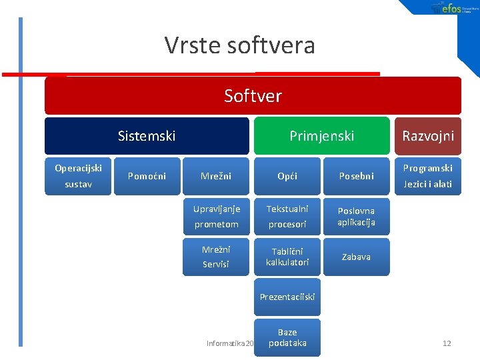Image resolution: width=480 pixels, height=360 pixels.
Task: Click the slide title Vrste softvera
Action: pos(239,45)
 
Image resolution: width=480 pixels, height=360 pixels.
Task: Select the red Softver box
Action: pos(253,96)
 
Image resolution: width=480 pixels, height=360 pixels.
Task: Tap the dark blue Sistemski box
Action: pos(147,136)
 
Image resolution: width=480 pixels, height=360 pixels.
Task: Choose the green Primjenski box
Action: pos(321,136)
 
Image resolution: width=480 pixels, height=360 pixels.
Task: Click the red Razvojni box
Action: pos(427,136)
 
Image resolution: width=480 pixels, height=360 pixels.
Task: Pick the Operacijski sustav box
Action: pos(78,176)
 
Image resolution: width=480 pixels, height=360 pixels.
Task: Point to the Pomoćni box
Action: pos(147,176)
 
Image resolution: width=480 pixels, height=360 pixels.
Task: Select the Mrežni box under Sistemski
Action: pos(216,176)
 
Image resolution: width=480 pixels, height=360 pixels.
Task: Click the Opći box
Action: pos(287,176)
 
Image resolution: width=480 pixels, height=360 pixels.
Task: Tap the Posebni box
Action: pos(356,176)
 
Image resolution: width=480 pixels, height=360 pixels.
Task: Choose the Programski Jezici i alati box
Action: pos(427,176)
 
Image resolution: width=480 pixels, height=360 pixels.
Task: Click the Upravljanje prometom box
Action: pos(216,217)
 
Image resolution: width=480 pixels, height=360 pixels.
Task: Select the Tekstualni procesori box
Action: pos(287,217)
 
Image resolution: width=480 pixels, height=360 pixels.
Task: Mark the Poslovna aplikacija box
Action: pos(356,217)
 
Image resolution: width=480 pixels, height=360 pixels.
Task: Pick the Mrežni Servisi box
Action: pos(216,257)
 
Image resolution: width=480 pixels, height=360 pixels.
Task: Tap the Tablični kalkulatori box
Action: pos(287,257)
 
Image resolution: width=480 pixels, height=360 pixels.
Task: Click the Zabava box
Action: pos(356,257)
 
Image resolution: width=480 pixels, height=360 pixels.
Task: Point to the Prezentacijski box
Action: pos(287,297)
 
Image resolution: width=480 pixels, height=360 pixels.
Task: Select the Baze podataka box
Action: pos(287,337)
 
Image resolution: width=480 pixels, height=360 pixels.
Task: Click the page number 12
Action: pos(447,343)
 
